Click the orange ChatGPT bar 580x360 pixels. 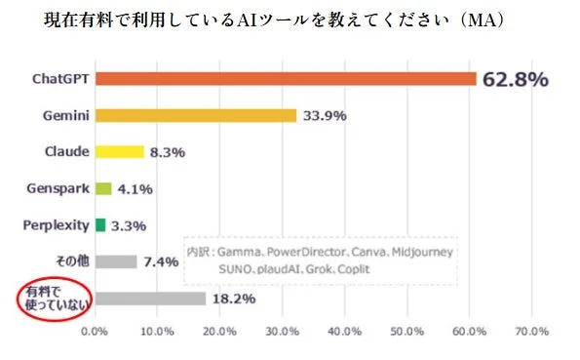pos(285,79)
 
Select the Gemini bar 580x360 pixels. pos(195,115)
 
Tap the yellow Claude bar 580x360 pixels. pos(119,151)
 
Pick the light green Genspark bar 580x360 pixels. pos(103,188)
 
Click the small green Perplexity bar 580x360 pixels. pos(99,225)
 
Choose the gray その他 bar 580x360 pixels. pos(116,261)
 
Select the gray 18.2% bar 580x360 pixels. pos(150,299)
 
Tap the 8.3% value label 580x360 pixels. pos(167,152)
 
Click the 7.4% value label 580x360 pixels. pos(160,261)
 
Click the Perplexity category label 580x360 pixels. pos(56,225)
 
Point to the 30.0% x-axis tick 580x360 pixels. pos(283,332)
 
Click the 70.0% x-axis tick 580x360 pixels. pos(532,332)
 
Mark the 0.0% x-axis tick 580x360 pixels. pos(95,332)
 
